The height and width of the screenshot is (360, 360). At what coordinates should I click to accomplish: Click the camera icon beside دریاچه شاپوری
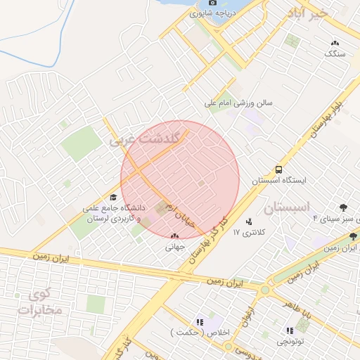193,3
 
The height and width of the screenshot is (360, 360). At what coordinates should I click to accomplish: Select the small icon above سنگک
335,43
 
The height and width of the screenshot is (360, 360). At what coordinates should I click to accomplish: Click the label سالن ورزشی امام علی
238,103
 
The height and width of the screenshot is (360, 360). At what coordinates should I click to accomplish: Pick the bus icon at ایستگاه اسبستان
279,169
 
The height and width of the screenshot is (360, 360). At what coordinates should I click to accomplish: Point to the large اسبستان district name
287,207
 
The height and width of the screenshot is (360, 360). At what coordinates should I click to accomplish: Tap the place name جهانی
174,247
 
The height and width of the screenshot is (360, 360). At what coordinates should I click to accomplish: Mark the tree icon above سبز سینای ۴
343,208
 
